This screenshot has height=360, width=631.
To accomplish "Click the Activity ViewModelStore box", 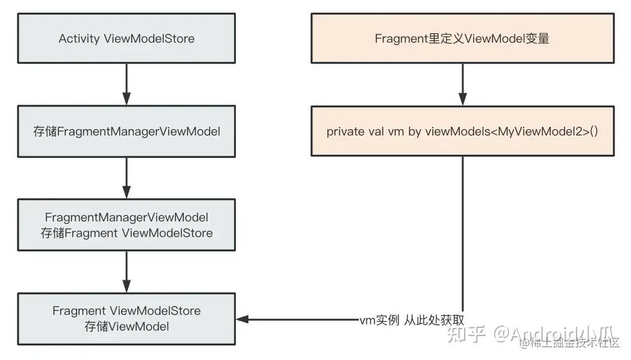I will click(x=127, y=39).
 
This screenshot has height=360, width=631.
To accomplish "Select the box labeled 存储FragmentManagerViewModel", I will click(x=127, y=132).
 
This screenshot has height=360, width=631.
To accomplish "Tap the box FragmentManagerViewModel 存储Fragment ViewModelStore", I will click(x=127, y=225).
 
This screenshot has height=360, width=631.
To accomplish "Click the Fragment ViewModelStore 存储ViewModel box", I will click(x=127, y=319).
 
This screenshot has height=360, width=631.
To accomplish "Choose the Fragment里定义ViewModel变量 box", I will click(x=462, y=39).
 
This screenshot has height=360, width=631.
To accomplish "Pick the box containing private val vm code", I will click(x=462, y=132).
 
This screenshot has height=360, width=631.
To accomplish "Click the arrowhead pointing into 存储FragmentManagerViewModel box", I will click(x=127, y=98).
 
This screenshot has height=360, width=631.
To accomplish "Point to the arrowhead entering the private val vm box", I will click(x=462, y=98).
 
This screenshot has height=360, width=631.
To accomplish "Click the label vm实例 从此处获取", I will click(x=411, y=319).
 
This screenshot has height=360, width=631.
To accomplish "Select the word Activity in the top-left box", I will click(x=79, y=39).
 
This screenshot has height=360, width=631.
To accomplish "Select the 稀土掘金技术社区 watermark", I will click(x=575, y=343).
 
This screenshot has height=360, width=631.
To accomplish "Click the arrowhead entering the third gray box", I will click(x=127, y=192).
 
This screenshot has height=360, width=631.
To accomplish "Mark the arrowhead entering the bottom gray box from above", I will click(x=127, y=285).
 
